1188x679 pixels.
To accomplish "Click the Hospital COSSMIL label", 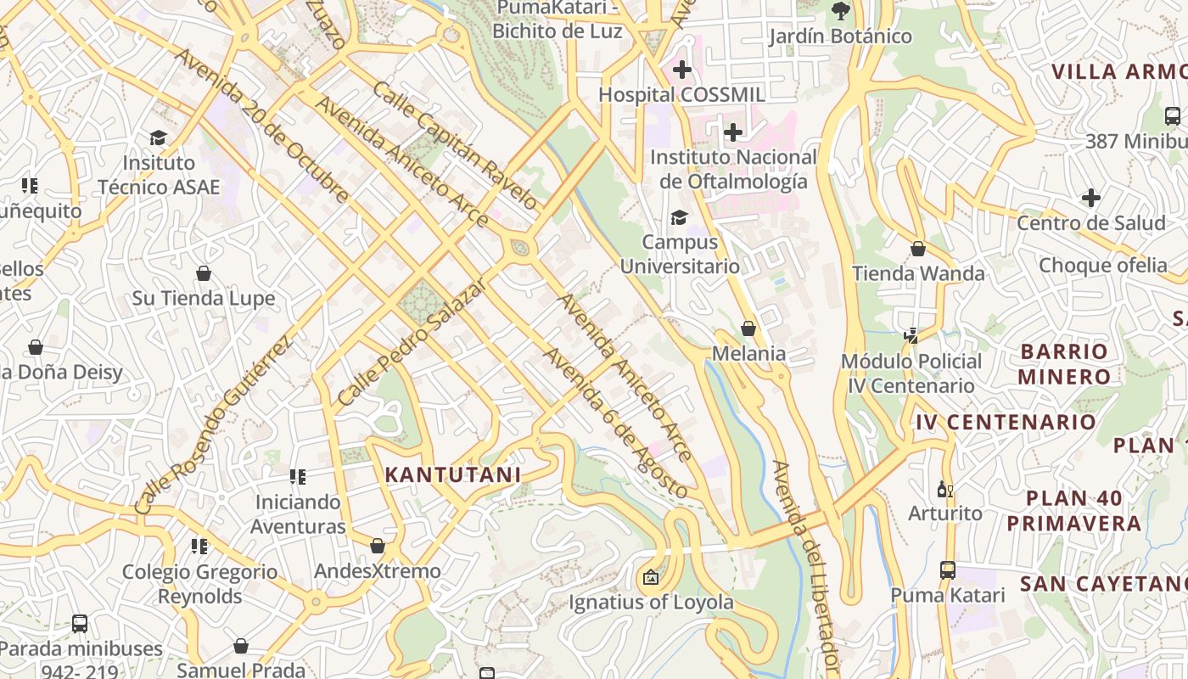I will (681, 94).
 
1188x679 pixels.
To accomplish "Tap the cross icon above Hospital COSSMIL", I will (681, 70).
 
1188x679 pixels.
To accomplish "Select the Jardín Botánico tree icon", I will (840, 11).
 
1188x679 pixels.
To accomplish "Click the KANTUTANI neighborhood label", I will (453, 474).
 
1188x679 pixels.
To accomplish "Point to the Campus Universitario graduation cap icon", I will (679, 218).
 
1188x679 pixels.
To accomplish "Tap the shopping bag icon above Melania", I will (748, 328).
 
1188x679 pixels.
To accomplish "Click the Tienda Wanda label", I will (918, 273).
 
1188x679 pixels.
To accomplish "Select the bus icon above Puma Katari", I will (948, 570).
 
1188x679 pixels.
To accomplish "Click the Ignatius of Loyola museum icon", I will (651, 578).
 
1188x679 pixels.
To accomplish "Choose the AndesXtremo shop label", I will (378, 571).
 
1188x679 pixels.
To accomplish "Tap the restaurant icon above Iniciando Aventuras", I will (297, 477).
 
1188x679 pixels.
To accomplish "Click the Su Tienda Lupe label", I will (204, 298).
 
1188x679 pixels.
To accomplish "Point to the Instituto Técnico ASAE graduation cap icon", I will (158, 137).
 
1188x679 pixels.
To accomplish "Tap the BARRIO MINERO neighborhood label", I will (1064, 363).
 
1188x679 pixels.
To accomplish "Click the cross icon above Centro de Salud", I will (1091, 199).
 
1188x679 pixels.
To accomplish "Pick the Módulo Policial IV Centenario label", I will (911, 373).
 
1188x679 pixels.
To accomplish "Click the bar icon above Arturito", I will (944, 489).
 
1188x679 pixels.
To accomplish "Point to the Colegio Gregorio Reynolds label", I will (200, 584).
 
